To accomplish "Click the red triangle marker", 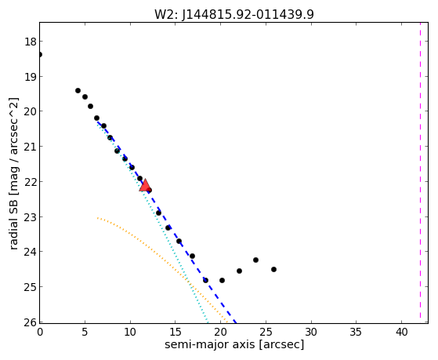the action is click(145, 185).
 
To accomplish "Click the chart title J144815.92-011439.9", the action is click(248, 15).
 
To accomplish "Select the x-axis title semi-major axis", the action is click(210, 344).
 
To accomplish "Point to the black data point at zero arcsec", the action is click(40, 54).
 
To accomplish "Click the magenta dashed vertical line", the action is click(420, 173).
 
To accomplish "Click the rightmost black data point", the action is click(273, 269).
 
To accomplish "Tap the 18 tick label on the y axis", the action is click(31, 42).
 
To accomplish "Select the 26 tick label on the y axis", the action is click(31, 322).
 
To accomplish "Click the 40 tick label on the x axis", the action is click(401, 332).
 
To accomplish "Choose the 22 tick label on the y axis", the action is click(31, 182).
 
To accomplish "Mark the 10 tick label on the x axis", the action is click(130, 332).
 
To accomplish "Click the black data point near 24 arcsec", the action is click(255, 260).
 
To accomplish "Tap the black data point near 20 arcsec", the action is click(222, 280).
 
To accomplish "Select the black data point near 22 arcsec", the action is click(239, 271).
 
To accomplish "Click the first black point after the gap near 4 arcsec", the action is click(78, 90).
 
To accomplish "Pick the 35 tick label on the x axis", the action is click(357, 332).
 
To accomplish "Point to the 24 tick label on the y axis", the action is click(31, 252).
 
